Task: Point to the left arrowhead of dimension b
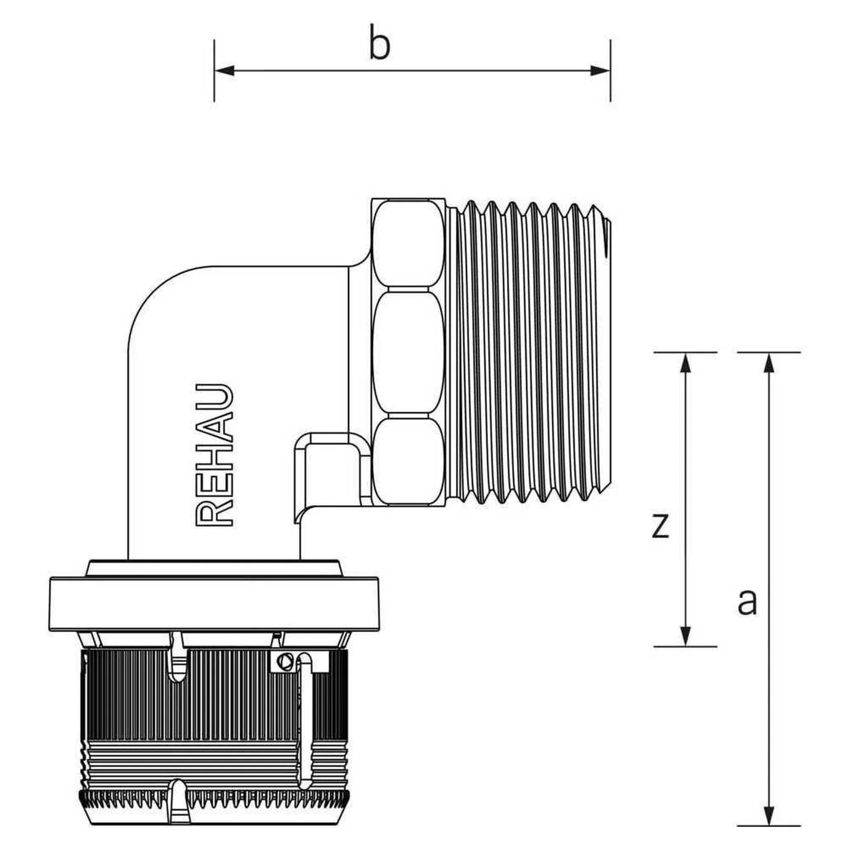tap(224, 71)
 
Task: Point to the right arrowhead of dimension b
tap(600, 71)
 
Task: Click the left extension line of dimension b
tap(214, 71)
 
